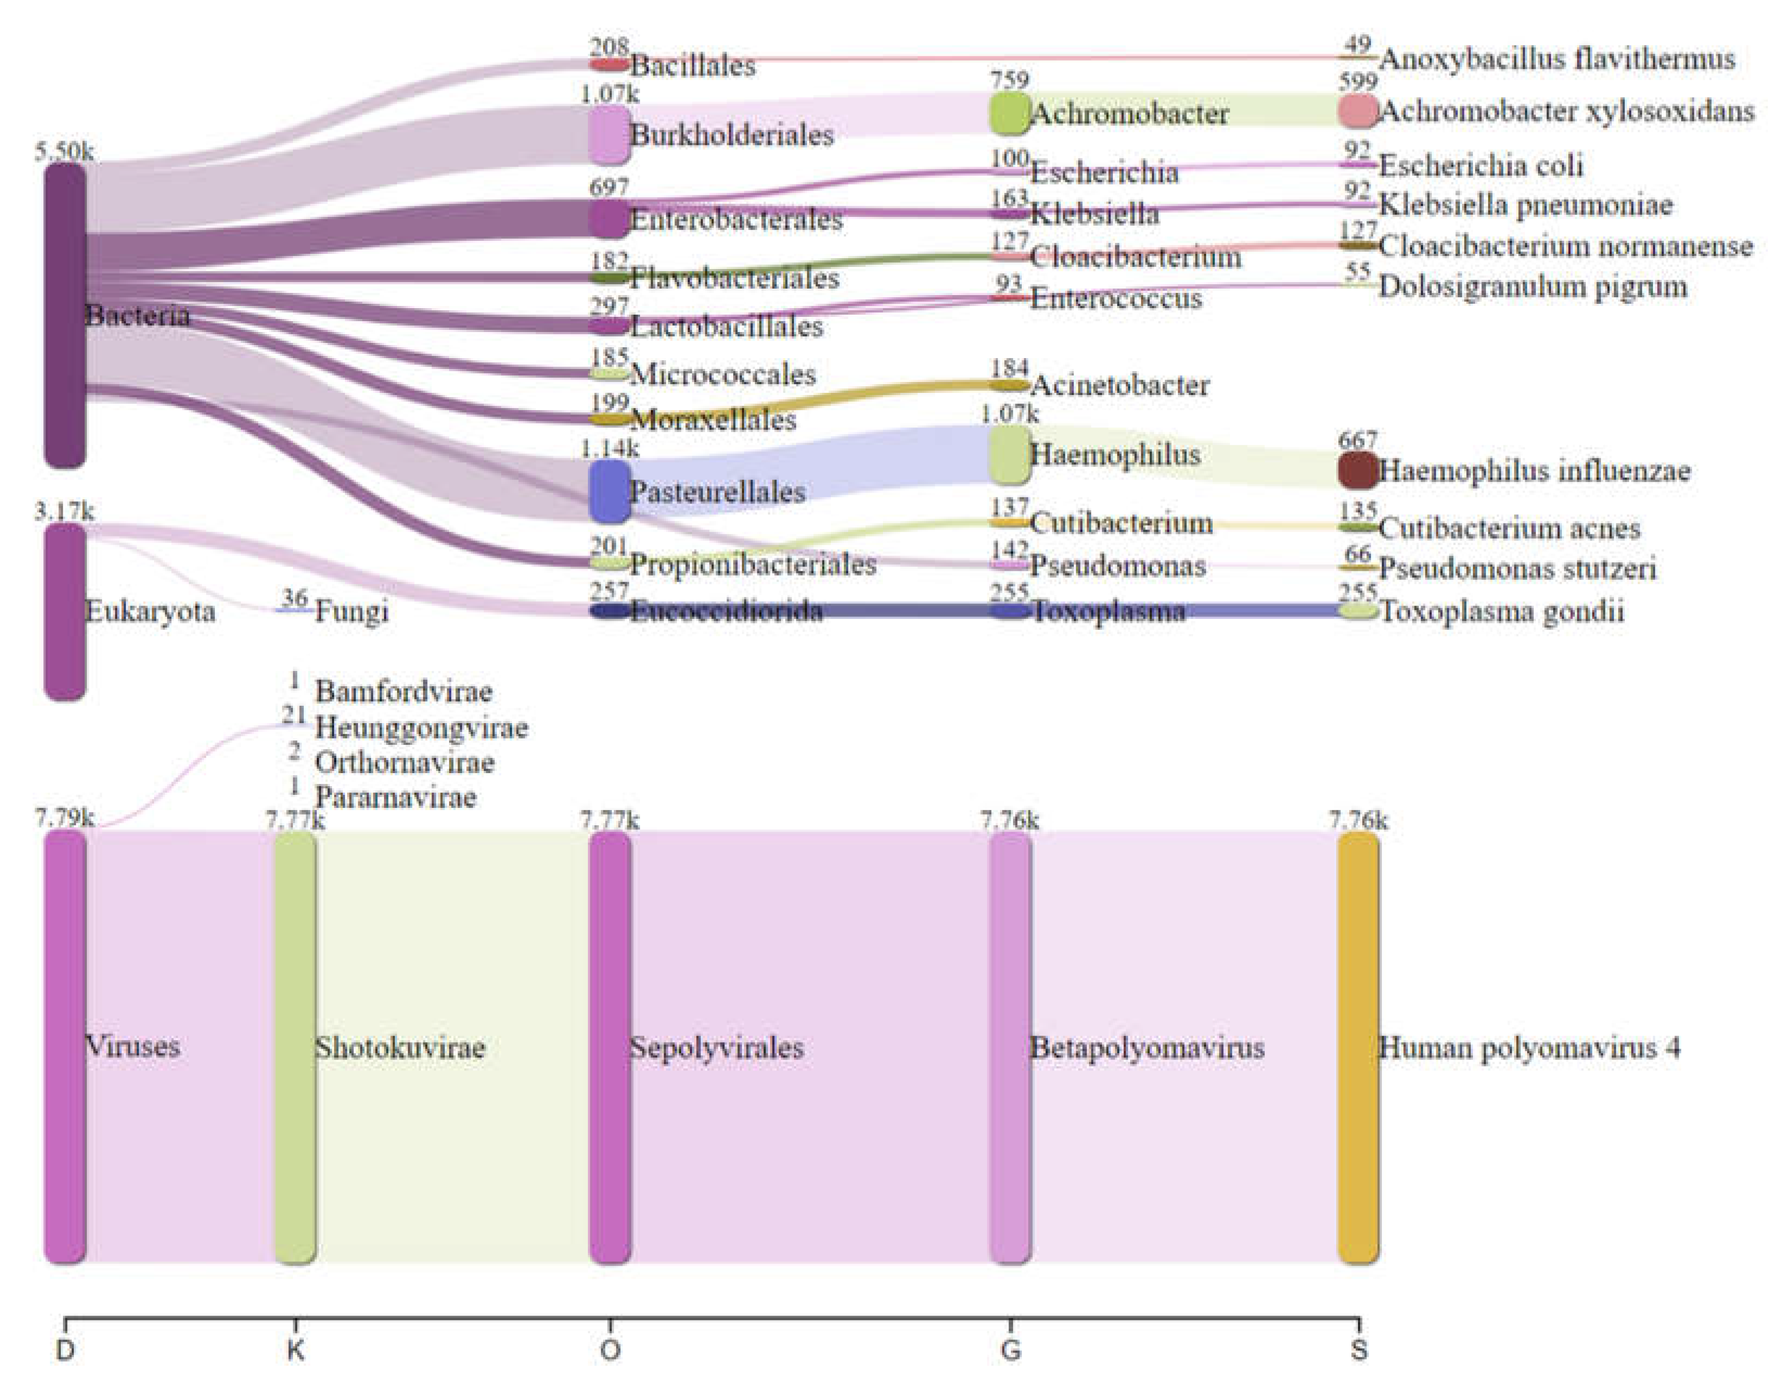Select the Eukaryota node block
click(x=65, y=611)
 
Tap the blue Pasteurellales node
click(x=610, y=491)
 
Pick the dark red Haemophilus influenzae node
click(x=1357, y=470)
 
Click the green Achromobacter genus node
click(x=1009, y=113)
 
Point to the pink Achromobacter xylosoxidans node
click(x=1357, y=111)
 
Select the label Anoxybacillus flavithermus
click(x=1556, y=59)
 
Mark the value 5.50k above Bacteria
click(x=64, y=151)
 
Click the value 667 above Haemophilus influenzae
click(x=1357, y=440)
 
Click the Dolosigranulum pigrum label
click(x=1532, y=286)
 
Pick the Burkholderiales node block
click(x=610, y=135)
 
